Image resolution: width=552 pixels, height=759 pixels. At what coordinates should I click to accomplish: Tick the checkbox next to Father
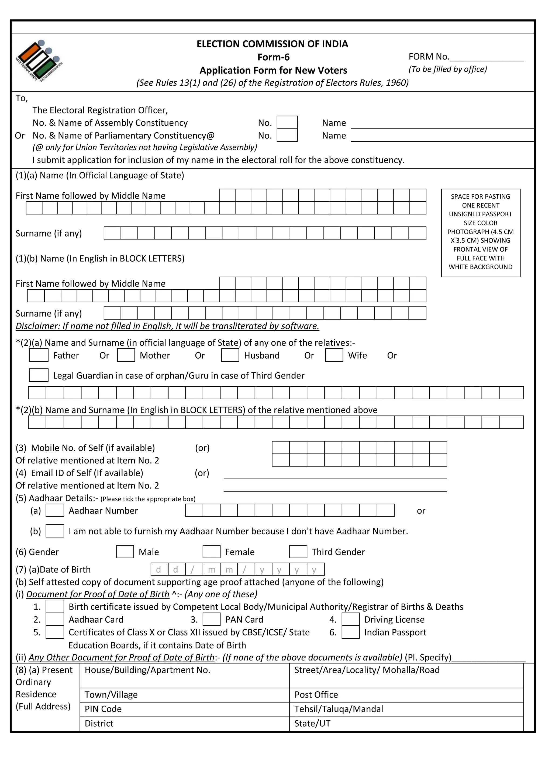39,355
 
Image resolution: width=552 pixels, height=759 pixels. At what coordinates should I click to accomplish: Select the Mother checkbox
126,355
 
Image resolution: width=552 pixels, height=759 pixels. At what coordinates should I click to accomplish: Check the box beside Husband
230,355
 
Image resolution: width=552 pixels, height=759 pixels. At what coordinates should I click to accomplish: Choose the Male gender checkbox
125,552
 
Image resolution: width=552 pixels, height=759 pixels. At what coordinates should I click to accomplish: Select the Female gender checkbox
211,552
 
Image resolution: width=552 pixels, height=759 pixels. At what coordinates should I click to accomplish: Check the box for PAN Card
211,619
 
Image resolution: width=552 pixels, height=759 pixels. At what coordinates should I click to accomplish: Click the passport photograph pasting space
480,233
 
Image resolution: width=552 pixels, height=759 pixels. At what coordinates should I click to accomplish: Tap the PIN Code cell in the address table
184,709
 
